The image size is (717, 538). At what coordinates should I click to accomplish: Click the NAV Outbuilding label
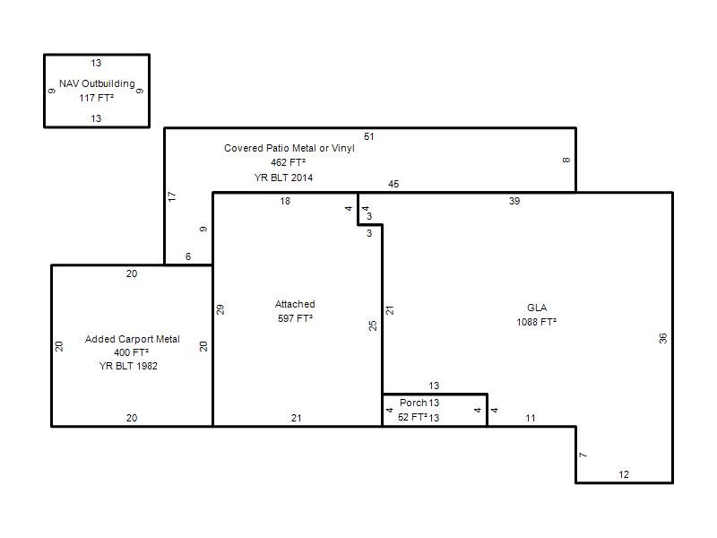97,83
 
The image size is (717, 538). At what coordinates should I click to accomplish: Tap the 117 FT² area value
96,98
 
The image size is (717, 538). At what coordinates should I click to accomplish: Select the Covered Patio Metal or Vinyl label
289,148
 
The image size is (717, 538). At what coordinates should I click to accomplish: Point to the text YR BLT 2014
283,178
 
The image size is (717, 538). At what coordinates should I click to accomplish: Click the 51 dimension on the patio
369,136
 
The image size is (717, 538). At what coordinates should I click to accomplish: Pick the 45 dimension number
393,184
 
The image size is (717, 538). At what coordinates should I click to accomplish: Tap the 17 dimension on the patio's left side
172,196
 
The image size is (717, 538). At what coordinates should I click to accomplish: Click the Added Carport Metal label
132,339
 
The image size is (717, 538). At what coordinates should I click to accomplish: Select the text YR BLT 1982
128,366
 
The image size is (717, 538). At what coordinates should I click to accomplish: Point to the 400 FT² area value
131,352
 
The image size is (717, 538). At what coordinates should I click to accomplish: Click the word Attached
295,304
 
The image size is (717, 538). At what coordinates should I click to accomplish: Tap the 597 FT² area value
295,318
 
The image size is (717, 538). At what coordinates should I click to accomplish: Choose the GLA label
537,308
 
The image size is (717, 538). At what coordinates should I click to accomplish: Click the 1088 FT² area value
536,322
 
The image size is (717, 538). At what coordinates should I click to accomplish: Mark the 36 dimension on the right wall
663,339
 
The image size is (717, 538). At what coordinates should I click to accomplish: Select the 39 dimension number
514,201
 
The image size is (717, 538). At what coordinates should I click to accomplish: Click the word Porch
413,403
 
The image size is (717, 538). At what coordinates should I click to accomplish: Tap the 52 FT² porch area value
412,417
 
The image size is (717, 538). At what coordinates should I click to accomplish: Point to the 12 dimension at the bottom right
624,474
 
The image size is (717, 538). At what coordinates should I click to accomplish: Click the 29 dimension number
220,309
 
